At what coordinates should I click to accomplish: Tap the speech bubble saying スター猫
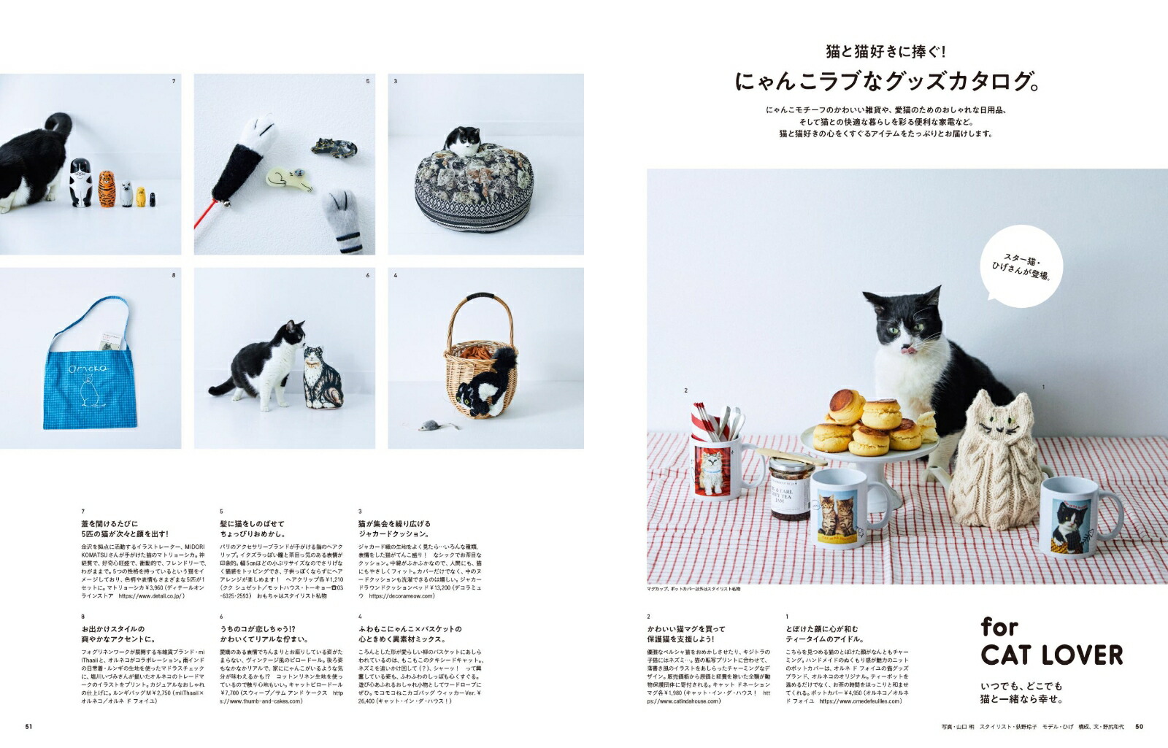(1021, 266)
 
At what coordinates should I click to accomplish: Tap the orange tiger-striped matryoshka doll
(107, 189)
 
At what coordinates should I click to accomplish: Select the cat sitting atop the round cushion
(464, 140)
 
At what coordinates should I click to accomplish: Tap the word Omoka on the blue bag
(88, 370)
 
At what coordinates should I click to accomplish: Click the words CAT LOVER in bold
(1051, 655)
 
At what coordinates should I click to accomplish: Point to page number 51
(29, 726)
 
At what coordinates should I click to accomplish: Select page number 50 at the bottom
(1139, 726)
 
